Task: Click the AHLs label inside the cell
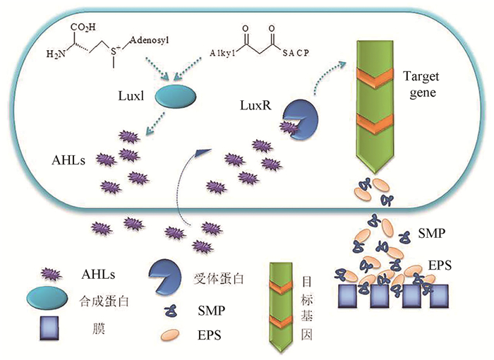[x=69, y=160]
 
